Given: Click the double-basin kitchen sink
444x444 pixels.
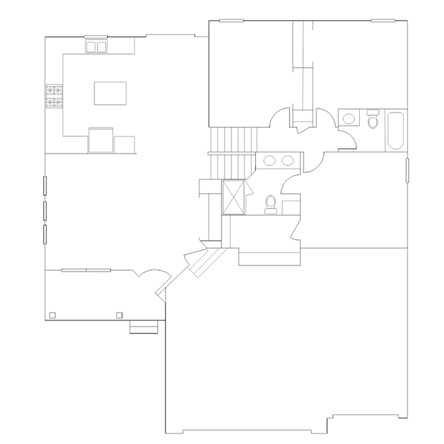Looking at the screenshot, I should coord(97,47).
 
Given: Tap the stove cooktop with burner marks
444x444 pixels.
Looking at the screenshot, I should coord(54,97).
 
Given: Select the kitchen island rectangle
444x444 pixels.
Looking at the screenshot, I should coord(110,92).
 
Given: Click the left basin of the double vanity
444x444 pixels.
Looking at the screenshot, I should coord(270,161).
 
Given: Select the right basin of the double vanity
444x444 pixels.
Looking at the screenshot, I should coord(287,161).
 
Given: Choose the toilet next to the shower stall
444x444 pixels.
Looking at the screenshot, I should coord(271,203).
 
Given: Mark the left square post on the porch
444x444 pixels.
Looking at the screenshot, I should coord(52,315).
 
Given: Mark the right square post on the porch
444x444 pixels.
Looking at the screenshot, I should coord(119,315).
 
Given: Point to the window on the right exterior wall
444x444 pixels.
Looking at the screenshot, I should coord(407,170).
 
